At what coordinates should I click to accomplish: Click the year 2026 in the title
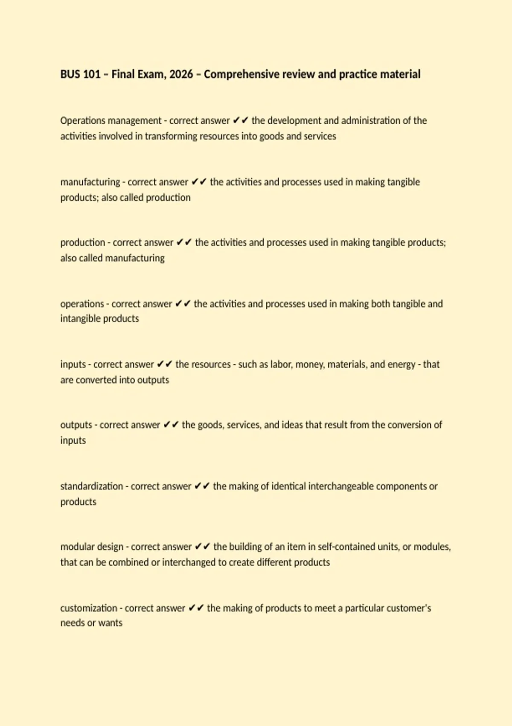coord(181,74)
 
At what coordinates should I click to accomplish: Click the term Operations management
coord(111,121)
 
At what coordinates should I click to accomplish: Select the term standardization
coord(91,486)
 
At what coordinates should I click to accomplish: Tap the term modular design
coord(92,547)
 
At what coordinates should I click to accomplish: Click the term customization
coord(88,608)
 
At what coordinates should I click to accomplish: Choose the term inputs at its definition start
coord(73,365)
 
